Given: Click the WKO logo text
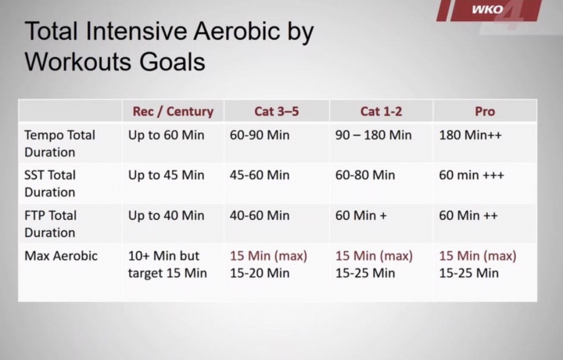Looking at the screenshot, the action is pyautogui.click(x=487, y=9).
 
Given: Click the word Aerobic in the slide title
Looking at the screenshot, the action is pyautogui.click(x=237, y=31).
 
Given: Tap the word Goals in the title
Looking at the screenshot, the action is pyautogui.click(x=172, y=62).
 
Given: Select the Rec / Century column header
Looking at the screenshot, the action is pyautogui.click(x=173, y=111).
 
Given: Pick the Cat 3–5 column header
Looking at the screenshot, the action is pyautogui.click(x=277, y=111).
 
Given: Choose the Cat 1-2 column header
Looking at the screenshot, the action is pyautogui.click(x=381, y=111).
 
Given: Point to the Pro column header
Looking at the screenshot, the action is pyautogui.click(x=485, y=111).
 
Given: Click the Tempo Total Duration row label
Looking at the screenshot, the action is pyautogui.click(x=59, y=144).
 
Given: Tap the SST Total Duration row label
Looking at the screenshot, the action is pyautogui.click(x=50, y=184).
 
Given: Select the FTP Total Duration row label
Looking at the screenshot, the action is pyautogui.click(x=50, y=224).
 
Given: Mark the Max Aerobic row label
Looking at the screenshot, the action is pyautogui.click(x=61, y=256).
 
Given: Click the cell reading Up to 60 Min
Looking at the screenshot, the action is pyautogui.click(x=167, y=135).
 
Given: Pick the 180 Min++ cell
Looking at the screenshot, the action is pyautogui.click(x=471, y=135).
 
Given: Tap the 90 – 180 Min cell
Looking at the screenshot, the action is pyautogui.click(x=374, y=135).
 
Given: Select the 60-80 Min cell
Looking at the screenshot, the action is pyautogui.click(x=365, y=175).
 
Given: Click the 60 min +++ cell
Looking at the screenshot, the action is pyautogui.click(x=472, y=175).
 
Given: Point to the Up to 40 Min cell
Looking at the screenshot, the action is pyautogui.click(x=167, y=215).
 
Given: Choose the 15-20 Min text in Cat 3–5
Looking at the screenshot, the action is pyautogui.click(x=260, y=273).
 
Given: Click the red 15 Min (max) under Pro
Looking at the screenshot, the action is pyautogui.click(x=478, y=256).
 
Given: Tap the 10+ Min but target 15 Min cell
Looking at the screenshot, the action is pyautogui.click(x=167, y=265).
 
